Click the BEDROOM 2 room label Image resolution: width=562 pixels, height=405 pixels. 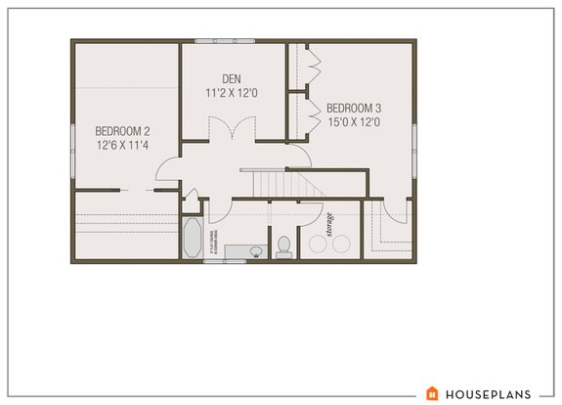click(x=121, y=130)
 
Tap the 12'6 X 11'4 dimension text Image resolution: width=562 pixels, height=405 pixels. click(x=121, y=145)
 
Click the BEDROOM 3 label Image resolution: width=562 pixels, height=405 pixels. click(x=353, y=108)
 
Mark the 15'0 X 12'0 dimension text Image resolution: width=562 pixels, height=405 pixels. click(x=353, y=122)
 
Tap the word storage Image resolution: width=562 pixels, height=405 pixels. click(x=331, y=224)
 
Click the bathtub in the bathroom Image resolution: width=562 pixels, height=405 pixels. click(x=191, y=238)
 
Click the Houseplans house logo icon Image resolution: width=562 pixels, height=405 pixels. click(x=432, y=393)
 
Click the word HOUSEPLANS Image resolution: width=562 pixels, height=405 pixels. click(x=489, y=393)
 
